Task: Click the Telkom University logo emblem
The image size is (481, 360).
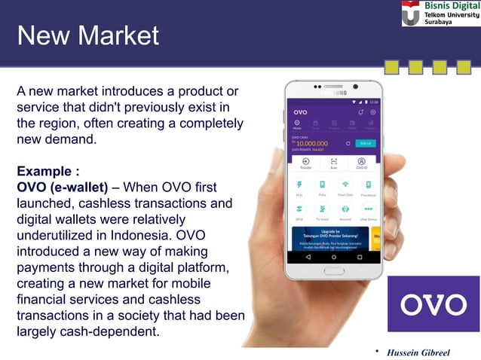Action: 412,13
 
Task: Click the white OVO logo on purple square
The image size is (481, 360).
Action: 433,304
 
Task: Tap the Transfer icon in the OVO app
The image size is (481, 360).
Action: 305,162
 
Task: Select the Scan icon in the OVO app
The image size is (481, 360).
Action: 333,162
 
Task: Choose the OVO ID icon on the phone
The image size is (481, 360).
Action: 361,162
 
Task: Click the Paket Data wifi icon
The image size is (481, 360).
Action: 345,185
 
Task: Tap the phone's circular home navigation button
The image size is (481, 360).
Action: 334,257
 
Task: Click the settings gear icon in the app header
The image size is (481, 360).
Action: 372,112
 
